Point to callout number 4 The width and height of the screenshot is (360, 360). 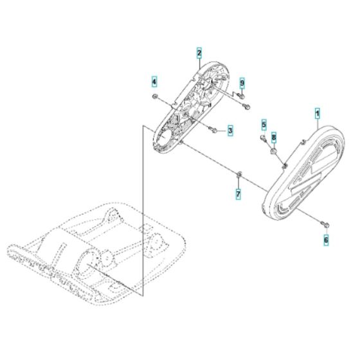coord(154,82)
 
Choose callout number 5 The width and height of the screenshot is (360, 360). coord(264,123)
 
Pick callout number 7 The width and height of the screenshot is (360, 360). coord(239,193)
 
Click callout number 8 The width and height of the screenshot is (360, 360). coord(273,138)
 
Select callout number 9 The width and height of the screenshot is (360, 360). coord(242,84)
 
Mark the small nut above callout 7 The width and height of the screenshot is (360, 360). coord(239,174)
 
